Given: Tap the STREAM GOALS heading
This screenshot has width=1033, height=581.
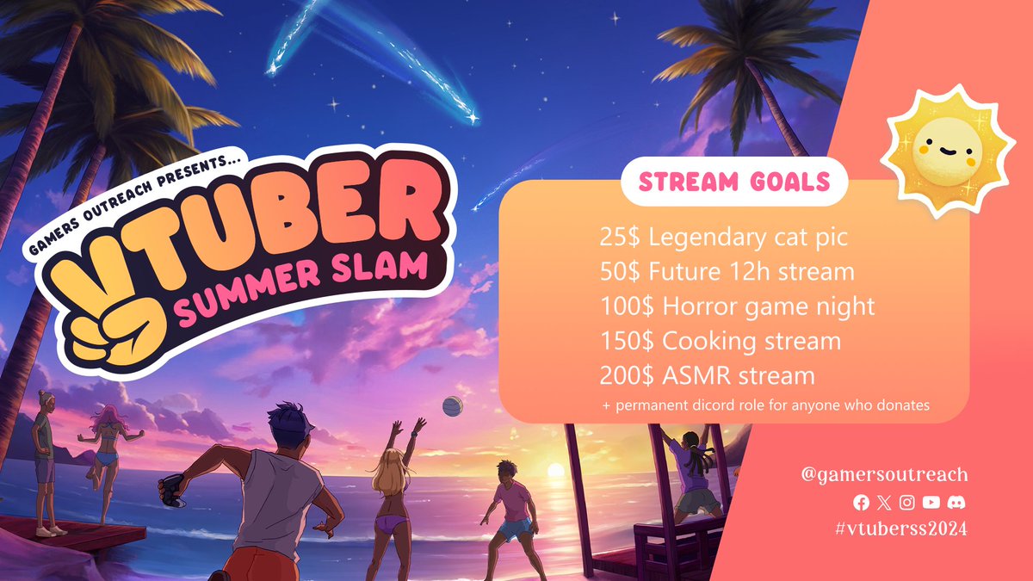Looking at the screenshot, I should pos(733,182).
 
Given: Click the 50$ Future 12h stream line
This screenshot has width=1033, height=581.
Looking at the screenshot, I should pos(727,271).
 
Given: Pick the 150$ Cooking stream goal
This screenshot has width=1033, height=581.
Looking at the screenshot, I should pos(720,341).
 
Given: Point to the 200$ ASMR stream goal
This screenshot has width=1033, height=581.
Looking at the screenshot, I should pos(707,375).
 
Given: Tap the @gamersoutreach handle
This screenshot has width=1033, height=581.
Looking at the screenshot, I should pos(883,474).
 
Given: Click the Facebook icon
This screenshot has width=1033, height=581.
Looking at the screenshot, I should pos(861,502).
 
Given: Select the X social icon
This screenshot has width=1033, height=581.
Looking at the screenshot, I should pos(884,502).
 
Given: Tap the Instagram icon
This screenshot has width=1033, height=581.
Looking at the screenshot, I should pos(907,502).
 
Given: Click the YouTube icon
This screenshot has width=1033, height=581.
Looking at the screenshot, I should pos(931,502).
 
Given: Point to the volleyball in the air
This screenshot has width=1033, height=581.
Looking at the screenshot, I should pos(451,405).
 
